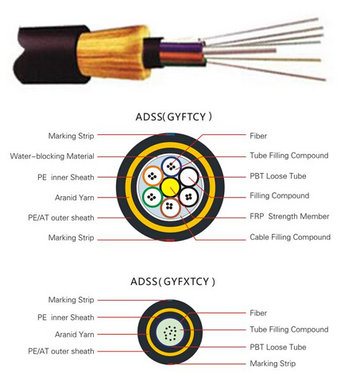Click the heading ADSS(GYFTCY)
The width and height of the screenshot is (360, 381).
coord(173,117)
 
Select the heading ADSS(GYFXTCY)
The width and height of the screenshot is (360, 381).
coord(172,281)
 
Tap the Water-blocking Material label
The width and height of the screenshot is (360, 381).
coord(52,156)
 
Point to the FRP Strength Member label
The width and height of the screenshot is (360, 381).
coord(289,217)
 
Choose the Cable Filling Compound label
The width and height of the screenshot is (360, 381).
coord(290,237)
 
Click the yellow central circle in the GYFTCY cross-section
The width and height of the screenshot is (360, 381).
coord(170,187)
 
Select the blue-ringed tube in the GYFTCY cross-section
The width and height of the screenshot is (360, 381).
coord(172,167)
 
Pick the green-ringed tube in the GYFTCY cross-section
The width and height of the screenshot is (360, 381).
coord(152,197)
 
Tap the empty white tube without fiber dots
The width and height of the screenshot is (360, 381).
coord(189,177)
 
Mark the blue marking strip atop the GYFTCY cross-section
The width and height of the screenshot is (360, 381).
coord(172,134)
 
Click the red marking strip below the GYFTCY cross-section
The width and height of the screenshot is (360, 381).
coord(170,240)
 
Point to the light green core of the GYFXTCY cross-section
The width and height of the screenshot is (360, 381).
coord(170,333)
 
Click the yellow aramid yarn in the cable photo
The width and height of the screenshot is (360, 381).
coord(114,52)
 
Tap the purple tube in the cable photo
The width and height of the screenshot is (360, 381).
coord(181,47)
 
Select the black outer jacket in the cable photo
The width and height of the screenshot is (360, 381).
coord(49,54)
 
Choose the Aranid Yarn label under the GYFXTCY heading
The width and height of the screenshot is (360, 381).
coord(75,334)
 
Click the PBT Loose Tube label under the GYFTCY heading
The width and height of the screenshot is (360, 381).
coord(278,176)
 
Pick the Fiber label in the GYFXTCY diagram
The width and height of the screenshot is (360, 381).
coord(258,313)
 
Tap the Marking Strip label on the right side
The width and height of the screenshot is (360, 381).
coord(273,364)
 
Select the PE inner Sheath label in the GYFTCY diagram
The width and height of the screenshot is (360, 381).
coord(66,177)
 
